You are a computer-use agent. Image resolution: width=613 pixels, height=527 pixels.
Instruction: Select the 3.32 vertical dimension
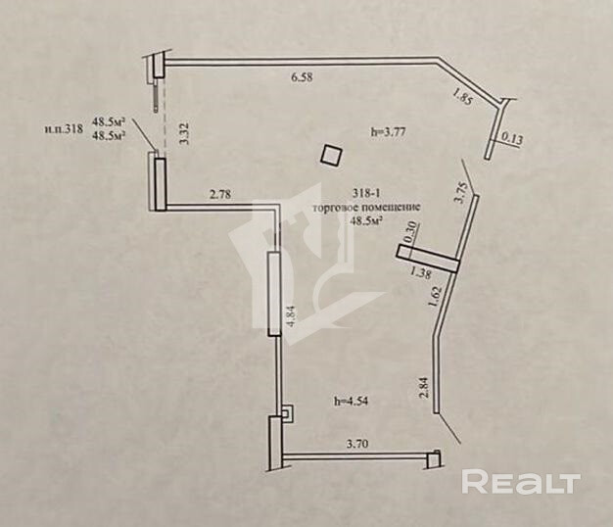[x=182, y=128]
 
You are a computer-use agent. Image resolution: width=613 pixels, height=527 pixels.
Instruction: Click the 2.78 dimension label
[x=221, y=195]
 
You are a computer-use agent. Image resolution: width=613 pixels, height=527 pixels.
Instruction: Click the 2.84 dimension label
[x=423, y=387]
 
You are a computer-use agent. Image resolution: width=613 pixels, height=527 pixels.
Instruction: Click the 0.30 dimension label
[x=411, y=234]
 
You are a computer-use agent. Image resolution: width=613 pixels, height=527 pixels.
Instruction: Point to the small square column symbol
[x=333, y=155]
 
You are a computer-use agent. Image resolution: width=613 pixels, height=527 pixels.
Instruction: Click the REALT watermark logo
[x=521, y=481]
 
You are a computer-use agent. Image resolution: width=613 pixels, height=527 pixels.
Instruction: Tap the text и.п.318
[x=62, y=127]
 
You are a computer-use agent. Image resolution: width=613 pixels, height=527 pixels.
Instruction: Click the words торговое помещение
[x=365, y=208]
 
